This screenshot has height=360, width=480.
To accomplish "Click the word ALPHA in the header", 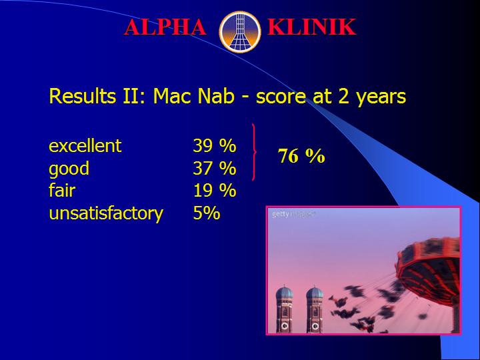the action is (x=165, y=27).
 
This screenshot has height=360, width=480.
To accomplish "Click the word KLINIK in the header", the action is (x=311, y=27).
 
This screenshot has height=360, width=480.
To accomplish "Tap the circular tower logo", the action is (x=240, y=31).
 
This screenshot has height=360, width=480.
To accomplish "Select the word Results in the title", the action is (x=83, y=96).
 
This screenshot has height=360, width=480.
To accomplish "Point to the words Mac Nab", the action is (x=194, y=96).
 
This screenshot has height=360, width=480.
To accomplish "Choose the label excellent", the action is (x=85, y=146).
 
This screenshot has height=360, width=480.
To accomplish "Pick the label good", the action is (x=69, y=169).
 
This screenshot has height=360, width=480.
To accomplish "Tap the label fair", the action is (x=62, y=190).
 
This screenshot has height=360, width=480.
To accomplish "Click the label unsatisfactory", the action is (x=106, y=213).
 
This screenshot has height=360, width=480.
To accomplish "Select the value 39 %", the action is (x=215, y=146).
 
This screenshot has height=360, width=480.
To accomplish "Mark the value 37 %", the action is (x=215, y=168).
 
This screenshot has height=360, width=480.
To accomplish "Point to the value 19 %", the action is (x=215, y=191).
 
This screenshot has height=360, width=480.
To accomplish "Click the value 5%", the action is (x=207, y=213).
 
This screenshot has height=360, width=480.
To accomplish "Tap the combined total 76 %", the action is (x=301, y=156).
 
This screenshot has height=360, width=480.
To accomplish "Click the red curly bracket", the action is (x=254, y=152).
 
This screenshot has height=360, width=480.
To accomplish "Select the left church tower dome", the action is (x=285, y=293).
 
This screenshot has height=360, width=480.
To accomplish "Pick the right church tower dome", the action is (x=315, y=293).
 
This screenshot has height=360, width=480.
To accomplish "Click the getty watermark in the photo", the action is (x=293, y=214).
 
